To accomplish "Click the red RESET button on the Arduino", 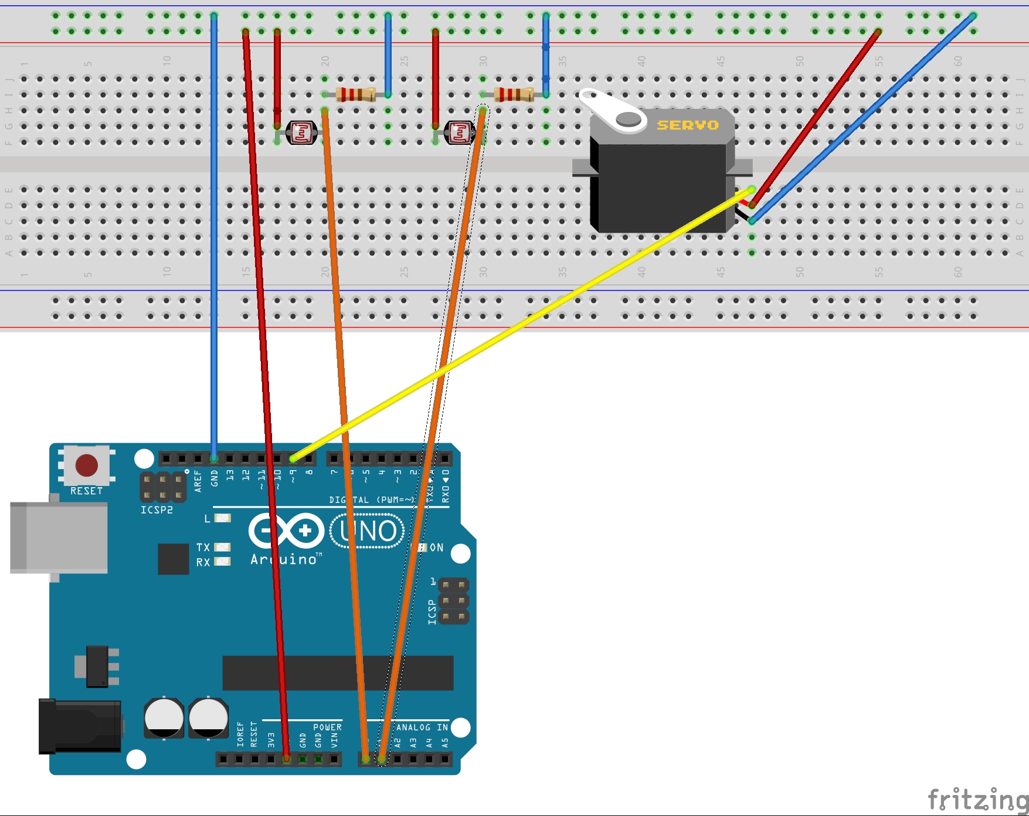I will pyautogui.click(x=87, y=465).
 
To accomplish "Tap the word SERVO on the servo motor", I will pyautogui.click(x=687, y=125).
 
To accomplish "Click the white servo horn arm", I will pyautogui.click(x=610, y=109).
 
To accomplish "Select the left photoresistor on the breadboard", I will pyautogui.click(x=301, y=133).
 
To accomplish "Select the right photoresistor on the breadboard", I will pyautogui.click(x=459, y=133).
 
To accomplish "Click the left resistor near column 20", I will pyautogui.click(x=356, y=94).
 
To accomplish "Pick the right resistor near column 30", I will pyautogui.click(x=514, y=94).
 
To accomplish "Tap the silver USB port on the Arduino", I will pyautogui.click(x=59, y=537).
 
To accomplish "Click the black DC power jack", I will pyautogui.click(x=80, y=726).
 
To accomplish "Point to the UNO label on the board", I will pyautogui.click(x=368, y=531).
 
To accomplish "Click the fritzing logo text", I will pyautogui.click(x=977, y=799).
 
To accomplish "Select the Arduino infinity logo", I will pyautogui.click(x=286, y=531).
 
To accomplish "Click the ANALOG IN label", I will pyautogui.click(x=422, y=727).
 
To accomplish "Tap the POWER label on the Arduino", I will pyautogui.click(x=327, y=727).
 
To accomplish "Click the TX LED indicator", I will pyautogui.click(x=222, y=547).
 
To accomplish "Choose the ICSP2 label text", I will pyautogui.click(x=157, y=510).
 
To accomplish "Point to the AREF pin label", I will pyautogui.click(x=198, y=481).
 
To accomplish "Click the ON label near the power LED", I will pyautogui.click(x=436, y=548).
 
